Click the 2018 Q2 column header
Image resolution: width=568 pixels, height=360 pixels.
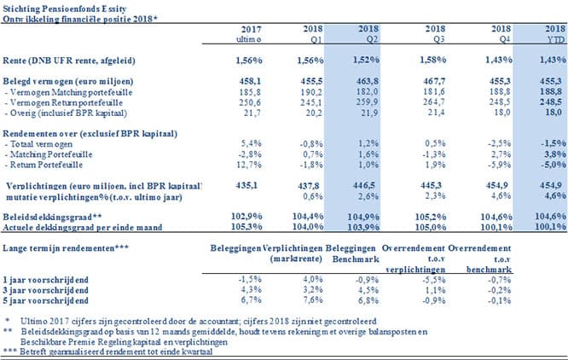[368, 33]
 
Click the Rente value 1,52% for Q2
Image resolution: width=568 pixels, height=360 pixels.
[366, 60]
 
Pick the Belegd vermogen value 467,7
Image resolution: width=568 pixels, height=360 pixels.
[435, 81]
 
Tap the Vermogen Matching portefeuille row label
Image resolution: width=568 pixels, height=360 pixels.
[68, 92]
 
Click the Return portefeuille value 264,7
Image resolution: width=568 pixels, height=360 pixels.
[435, 102]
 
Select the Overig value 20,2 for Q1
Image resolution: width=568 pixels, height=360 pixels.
[313, 113]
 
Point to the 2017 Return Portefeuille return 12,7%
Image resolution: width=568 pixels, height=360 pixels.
[250, 165]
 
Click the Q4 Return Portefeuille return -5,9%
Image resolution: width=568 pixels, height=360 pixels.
[500, 165]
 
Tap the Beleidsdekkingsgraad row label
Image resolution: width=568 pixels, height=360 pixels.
[52, 217]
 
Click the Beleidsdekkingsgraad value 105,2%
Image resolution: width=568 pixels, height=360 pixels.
[431, 217]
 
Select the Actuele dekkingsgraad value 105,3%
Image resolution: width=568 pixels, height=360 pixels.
[246, 227]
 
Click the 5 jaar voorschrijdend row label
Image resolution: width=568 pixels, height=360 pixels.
[46, 300]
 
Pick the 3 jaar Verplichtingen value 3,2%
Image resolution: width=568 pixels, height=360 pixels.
[313, 290]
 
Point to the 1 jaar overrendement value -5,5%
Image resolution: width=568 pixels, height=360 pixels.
[434, 280]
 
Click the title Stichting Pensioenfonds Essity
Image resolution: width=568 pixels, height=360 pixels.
[65, 9]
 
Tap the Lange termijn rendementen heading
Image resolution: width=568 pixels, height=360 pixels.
[66, 248]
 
